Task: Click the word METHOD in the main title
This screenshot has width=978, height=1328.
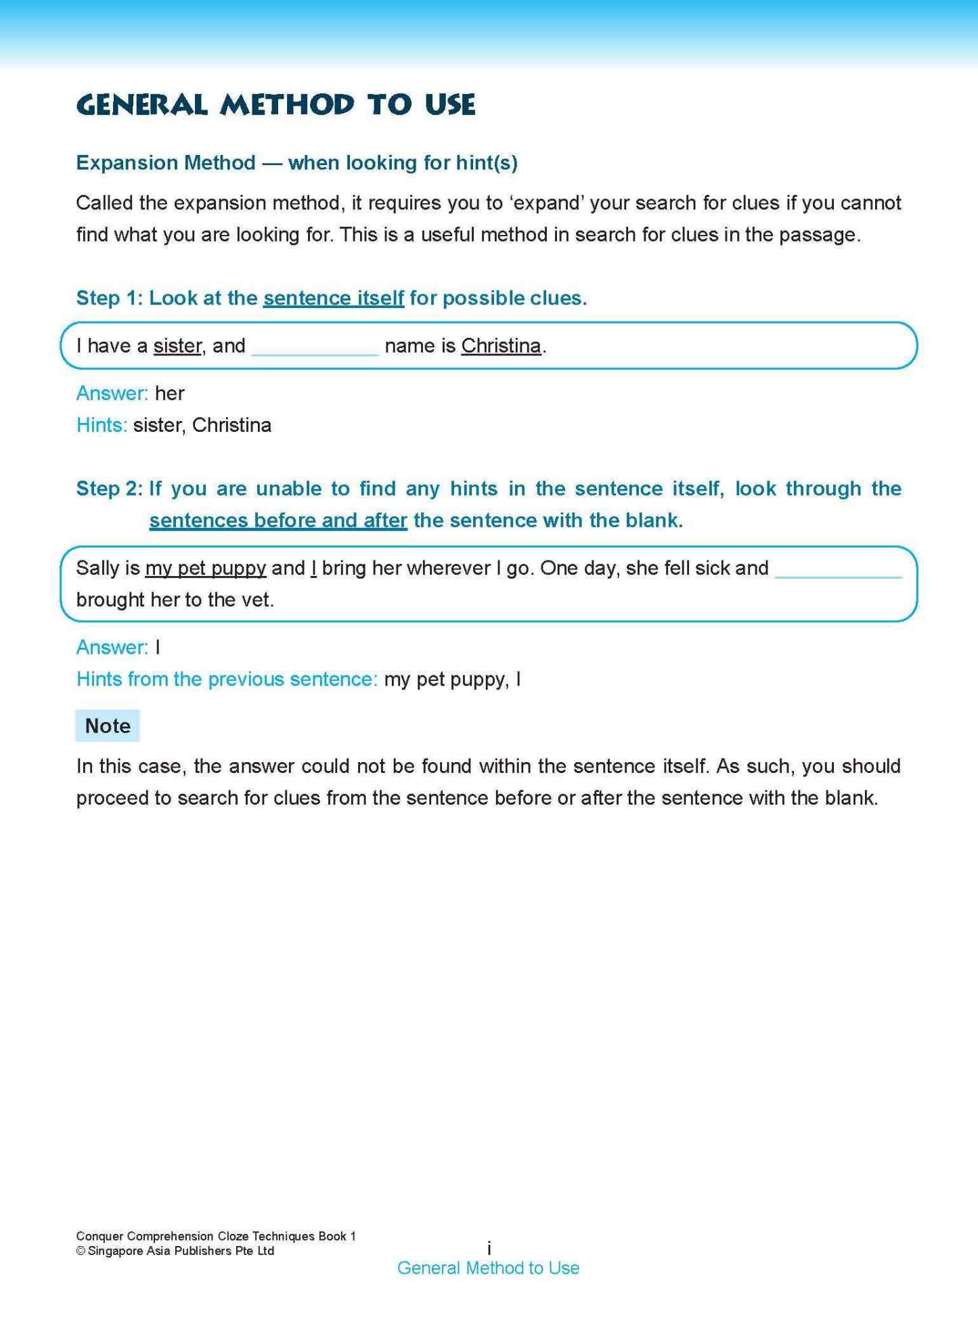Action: (287, 105)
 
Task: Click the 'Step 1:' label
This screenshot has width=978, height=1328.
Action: (109, 298)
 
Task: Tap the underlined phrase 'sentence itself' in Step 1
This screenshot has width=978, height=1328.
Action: (334, 298)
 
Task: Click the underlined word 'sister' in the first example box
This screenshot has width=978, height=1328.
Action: (177, 346)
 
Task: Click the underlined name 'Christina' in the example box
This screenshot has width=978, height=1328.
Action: (501, 346)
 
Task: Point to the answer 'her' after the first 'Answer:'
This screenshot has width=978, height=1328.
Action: (169, 393)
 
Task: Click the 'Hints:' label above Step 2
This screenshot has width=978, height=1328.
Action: (102, 425)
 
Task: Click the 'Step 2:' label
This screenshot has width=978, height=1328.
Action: (109, 489)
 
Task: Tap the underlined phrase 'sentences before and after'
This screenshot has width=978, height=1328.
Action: (278, 521)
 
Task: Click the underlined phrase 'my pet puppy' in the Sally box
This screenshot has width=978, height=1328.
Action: (206, 568)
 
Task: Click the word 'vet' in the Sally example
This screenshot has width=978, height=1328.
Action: (259, 600)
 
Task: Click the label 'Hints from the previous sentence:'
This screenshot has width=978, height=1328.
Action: (227, 679)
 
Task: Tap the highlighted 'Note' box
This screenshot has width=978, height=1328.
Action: (108, 726)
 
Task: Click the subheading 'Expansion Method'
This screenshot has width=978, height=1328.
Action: (166, 162)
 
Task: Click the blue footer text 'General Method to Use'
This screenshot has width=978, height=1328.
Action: (488, 1268)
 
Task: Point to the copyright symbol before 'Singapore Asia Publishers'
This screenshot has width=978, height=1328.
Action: (81, 1251)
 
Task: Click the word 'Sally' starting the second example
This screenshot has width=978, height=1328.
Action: (97, 568)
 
